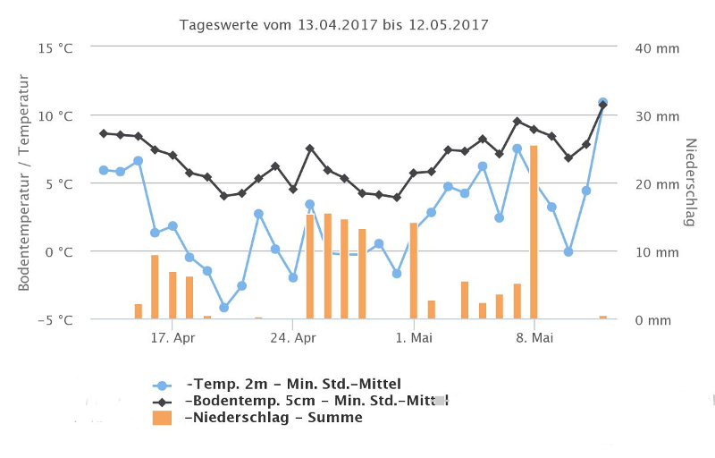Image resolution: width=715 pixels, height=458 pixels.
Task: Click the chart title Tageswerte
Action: pos(334,24)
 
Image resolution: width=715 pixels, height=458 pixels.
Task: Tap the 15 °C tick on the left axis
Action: pos(55,48)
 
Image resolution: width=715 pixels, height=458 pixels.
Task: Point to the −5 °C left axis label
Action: pos(55,319)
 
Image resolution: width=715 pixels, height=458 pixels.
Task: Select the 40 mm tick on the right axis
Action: pos(657,48)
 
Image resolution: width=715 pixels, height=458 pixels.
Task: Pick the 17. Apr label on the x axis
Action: pos(172,338)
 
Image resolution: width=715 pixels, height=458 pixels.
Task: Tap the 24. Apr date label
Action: pos(293,338)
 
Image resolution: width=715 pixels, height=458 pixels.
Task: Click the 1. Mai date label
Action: pos(414,338)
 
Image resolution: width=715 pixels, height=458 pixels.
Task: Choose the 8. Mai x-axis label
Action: pos(534,338)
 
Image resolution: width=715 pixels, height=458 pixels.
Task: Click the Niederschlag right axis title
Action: pos(689,182)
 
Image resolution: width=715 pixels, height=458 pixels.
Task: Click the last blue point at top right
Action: pos(603,103)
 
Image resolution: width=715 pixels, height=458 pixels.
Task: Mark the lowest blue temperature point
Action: pos(223,308)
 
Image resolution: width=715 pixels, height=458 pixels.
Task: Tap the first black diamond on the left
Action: pos(104,133)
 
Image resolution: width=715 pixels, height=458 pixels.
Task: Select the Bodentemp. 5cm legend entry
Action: pos(313,401)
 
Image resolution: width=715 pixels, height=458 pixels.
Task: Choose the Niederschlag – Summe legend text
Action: pos(273,418)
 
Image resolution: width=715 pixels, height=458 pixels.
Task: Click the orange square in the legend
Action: pos(162,418)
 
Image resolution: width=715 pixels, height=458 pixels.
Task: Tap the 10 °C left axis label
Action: pos(55,116)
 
